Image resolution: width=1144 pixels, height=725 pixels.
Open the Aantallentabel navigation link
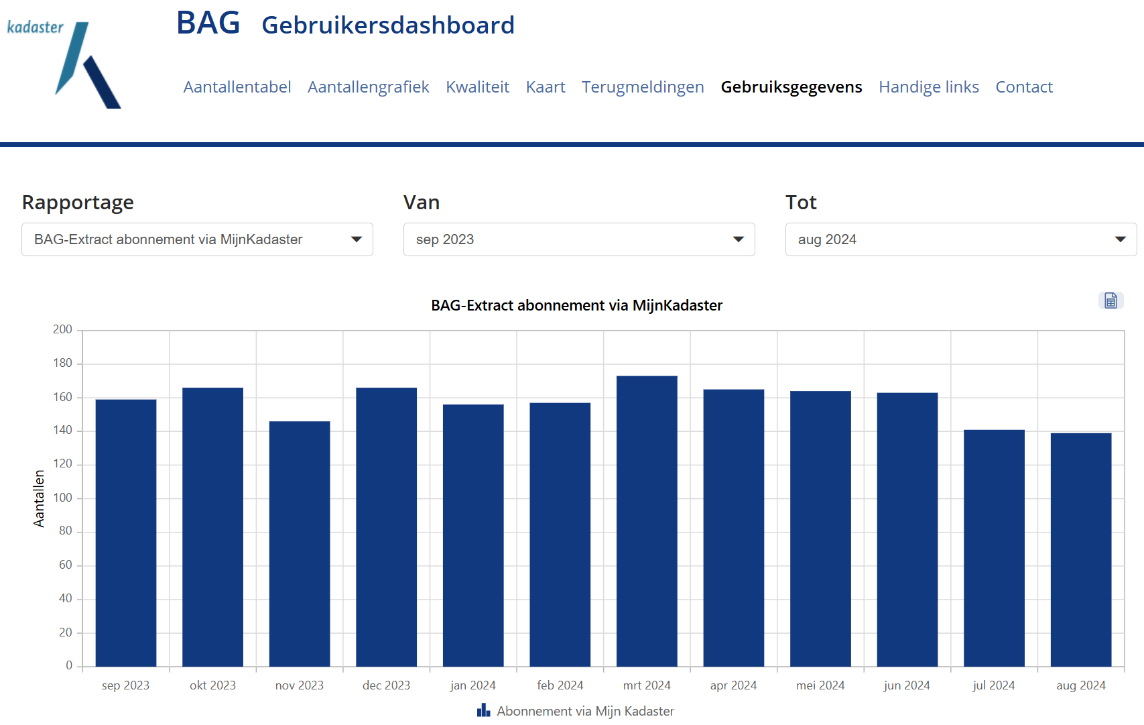(237, 87)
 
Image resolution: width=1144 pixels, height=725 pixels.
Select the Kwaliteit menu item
(477, 87)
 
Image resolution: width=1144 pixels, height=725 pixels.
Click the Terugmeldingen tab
(642, 87)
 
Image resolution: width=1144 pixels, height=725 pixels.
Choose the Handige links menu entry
(928, 87)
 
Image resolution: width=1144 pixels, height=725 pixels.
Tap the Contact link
(1023, 87)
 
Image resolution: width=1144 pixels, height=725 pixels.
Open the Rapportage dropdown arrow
(357, 239)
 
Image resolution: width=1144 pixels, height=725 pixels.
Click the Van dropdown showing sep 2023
(578, 239)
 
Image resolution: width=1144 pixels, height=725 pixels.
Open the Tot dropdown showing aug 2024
(960, 239)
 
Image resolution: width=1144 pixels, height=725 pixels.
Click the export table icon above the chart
(1110, 300)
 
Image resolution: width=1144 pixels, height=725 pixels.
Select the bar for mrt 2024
(647, 523)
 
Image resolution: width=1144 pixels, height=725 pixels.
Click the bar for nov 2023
(300, 543)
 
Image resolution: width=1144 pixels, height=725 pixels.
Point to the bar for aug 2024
(1080, 550)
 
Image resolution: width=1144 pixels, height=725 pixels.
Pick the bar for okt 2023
(212, 526)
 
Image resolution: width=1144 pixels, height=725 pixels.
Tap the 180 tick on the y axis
(63, 363)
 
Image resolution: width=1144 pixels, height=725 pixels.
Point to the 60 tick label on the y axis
(65, 565)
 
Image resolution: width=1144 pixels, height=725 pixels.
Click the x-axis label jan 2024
(472, 685)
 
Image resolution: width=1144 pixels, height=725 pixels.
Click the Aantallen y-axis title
(39, 498)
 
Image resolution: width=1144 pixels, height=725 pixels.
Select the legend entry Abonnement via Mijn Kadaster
(576, 711)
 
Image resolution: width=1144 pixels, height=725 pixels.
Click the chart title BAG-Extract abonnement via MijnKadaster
(576, 306)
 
